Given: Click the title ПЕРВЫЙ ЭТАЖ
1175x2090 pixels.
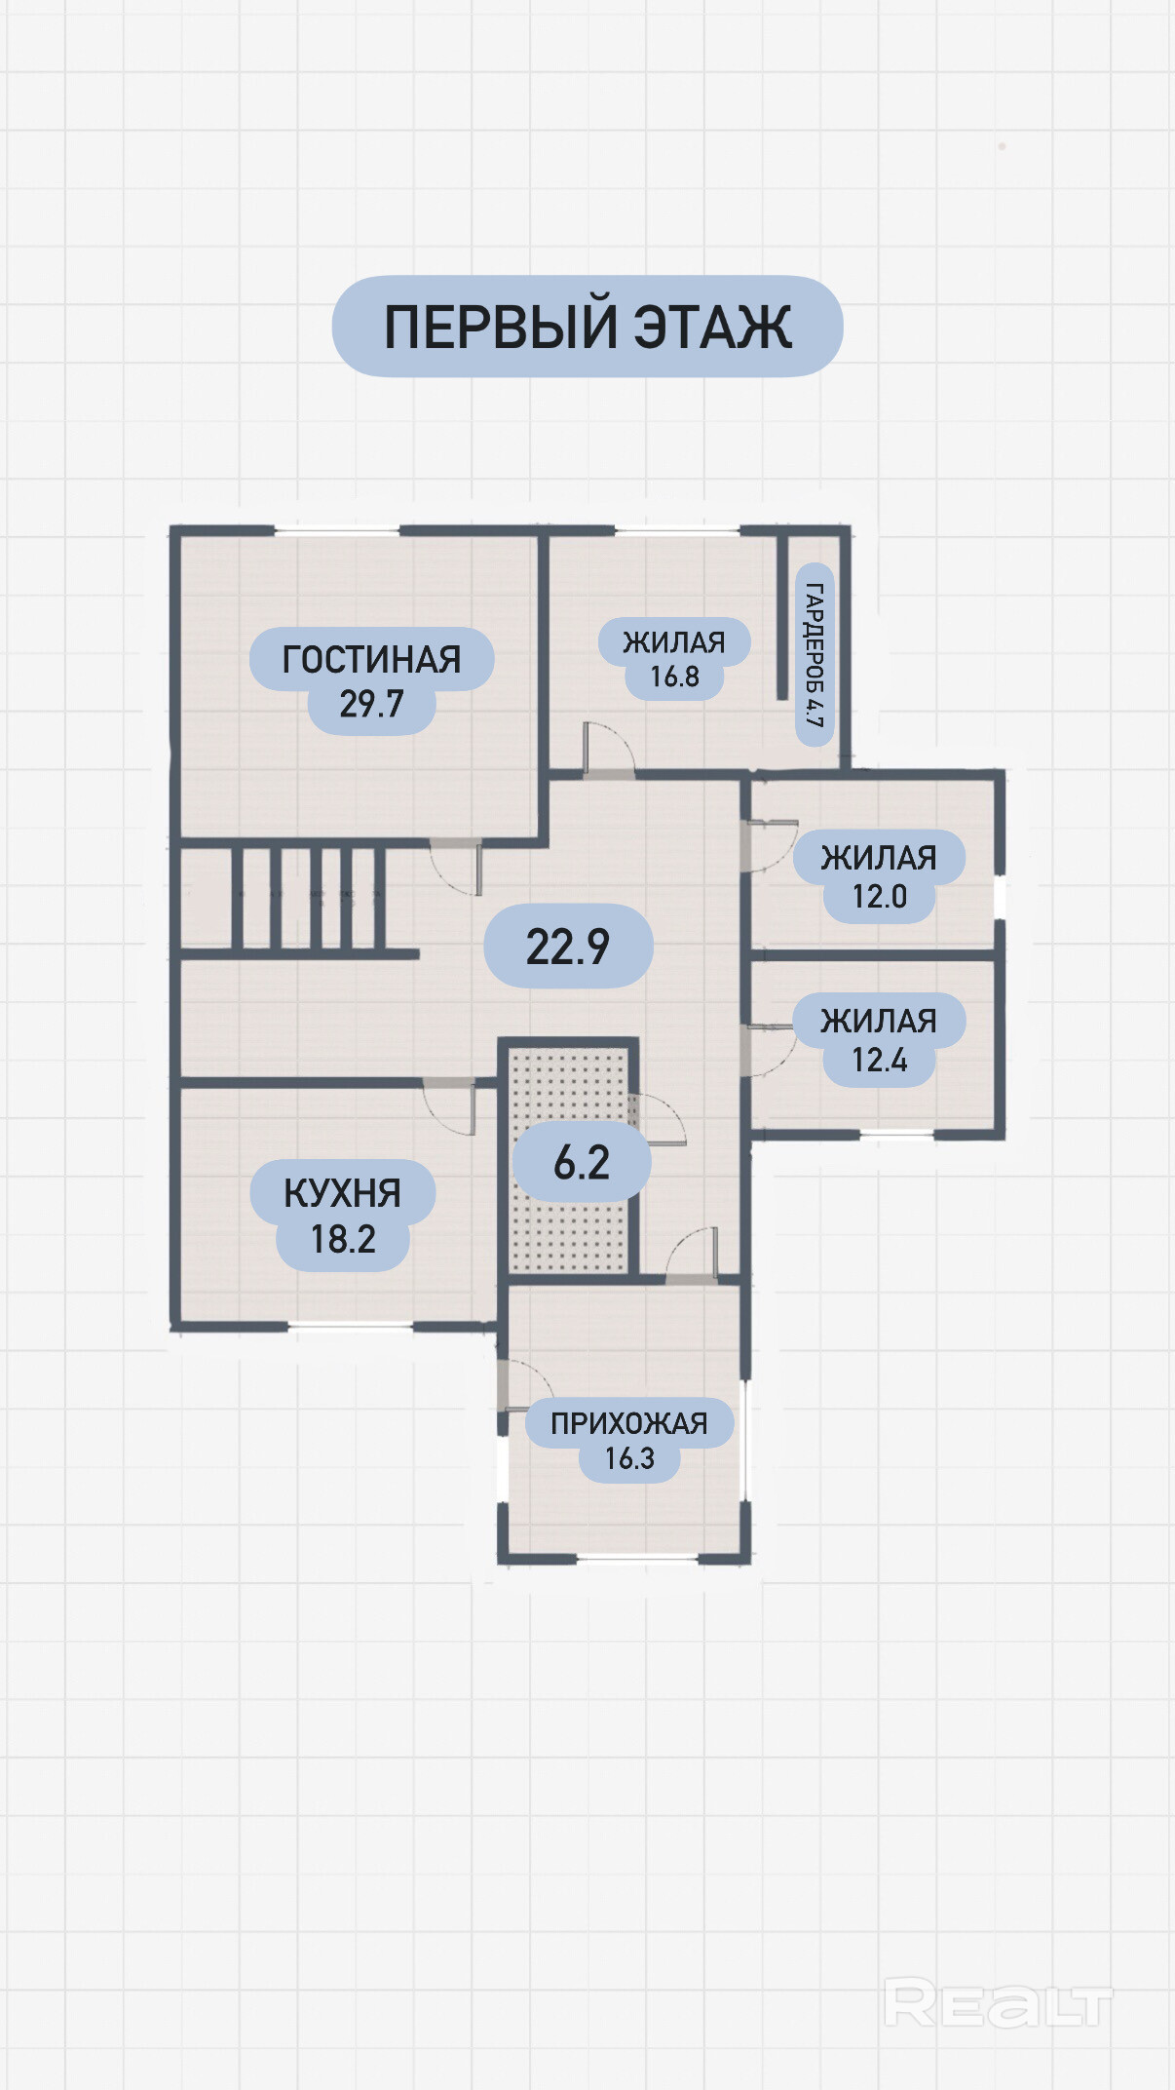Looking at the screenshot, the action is (x=587, y=327).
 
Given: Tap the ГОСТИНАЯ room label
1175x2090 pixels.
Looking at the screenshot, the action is (x=371, y=660).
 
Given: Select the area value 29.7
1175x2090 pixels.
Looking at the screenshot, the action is (x=371, y=704).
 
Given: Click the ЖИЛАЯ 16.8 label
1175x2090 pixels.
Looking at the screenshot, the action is (x=674, y=659).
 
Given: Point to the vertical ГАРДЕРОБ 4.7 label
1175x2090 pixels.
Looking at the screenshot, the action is (x=815, y=655).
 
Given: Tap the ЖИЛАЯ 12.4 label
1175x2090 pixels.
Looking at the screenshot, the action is (x=879, y=1040).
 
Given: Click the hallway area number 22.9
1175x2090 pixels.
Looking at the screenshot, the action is (x=568, y=947).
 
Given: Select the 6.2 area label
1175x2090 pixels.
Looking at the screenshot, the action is (x=582, y=1162).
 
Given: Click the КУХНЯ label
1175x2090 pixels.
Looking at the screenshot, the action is (x=342, y=1193).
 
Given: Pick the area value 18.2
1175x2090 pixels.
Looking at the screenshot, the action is (x=343, y=1239).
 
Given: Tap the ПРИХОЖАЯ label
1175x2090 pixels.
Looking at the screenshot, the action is (x=629, y=1423).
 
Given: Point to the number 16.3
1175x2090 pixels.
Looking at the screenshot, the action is (x=629, y=1458).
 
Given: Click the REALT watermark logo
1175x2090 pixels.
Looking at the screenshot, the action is (x=998, y=2005).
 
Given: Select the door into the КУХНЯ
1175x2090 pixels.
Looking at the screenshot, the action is (x=449, y=1107).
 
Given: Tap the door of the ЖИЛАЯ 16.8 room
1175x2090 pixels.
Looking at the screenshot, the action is (x=609, y=749).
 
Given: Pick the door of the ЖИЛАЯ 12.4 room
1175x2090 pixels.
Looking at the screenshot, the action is (x=770, y=1051).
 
